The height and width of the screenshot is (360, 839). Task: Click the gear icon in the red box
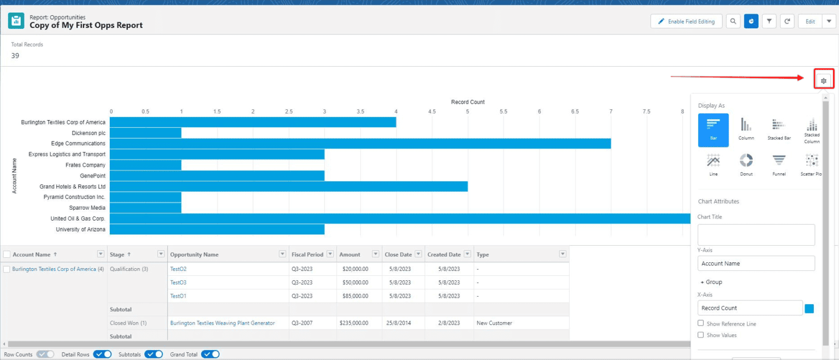pyautogui.click(x=824, y=81)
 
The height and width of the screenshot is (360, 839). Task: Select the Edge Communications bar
pyautogui.click(x=360, y=144)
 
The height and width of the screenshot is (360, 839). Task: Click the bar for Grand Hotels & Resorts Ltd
pyautogui.click(x=288, y=186)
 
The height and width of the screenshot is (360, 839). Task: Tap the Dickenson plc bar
pyautogui.click(x=145, y=133)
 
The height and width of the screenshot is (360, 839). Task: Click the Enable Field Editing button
pyautogui.click(x=686, y=21)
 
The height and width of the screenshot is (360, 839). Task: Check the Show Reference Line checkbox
pyautogui.click(x=701, y=323)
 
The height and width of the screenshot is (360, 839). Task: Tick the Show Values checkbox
pyautogui.click(x=701, y=335)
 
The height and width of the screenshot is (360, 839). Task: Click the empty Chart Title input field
pyautogui.click(x=756, y=235)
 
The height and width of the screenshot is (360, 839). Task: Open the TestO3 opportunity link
pyautogui.click(x=178, y=282)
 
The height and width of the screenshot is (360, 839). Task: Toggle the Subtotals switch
pyautogui.click(x=153, y=355)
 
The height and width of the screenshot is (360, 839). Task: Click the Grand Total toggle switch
pyautogui.click(x=210, y=355)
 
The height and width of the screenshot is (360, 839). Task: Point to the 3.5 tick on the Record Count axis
pyautogui.click(x=360, y=111)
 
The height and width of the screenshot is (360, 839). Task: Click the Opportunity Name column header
pyautogui.click(x=194, y=255)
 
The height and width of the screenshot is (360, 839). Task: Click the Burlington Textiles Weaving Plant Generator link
pyautogui.click(x=222, y=323)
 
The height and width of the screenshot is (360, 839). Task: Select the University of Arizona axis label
pyautogui.click(x=80, y=229)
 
